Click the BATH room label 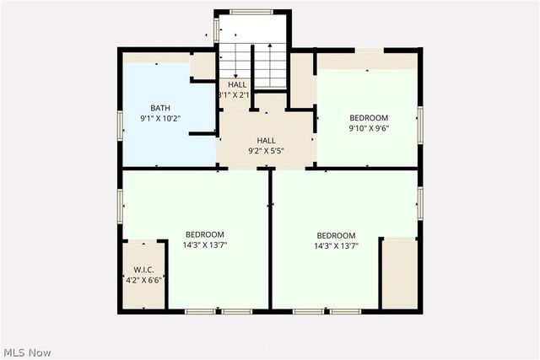click(160, 108)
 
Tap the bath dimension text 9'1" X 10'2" click(160, 120)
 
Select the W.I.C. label click(143, 270)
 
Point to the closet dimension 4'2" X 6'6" click(143, 280)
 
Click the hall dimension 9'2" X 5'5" click(267, 151)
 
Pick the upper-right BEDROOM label click(369, 117)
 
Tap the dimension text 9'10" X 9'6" click(369, 129)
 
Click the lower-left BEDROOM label click(205, 234)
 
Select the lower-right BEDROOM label click(336, 235)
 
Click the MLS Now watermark click(27, 351)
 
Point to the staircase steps click(253, 63)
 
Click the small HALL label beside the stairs click(237, 85)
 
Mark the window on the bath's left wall click(120, 125)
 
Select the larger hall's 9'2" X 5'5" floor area click(267, 135)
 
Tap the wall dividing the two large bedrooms click(270, 240)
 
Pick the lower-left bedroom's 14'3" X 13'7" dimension click(205, 245)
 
